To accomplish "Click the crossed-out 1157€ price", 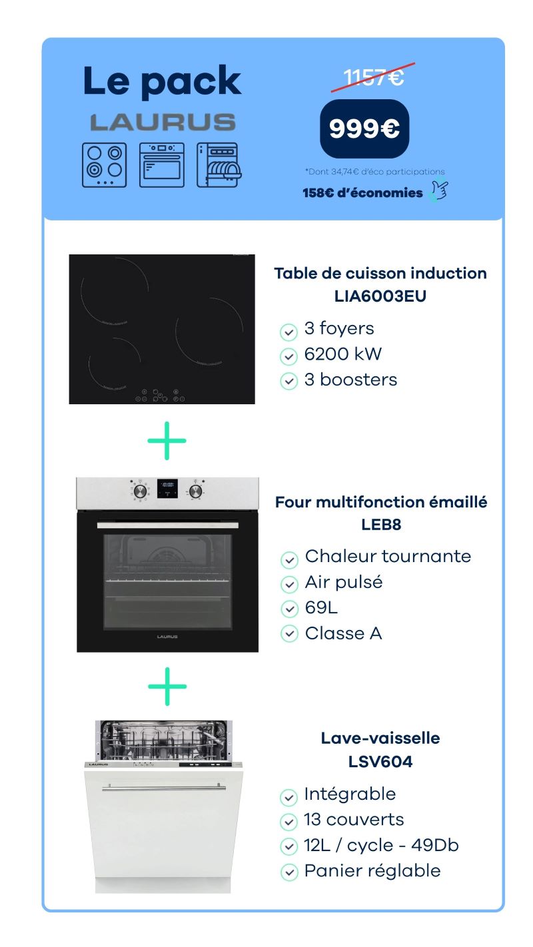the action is (373, 77).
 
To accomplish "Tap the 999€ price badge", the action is (364, 129).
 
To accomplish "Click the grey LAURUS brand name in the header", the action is (163, 122).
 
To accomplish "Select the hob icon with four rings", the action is (104, 165).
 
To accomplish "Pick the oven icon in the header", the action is (162, 165).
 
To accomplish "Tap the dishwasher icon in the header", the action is (219, 165).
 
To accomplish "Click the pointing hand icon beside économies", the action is (438, 189).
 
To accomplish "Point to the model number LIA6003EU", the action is (380, 296).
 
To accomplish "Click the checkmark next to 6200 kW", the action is (289, 357).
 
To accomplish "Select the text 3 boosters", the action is (350, 380).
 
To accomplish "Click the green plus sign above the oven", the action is (167, 440).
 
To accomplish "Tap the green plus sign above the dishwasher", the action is (167, 686).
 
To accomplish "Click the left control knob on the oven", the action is (140, 491).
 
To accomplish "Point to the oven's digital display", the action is (167, 489).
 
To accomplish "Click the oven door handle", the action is (167, 525).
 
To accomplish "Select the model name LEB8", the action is (381, 525).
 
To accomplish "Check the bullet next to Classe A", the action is (289, 634).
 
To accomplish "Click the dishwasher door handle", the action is (164, 787).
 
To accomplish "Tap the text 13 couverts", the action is (354, 819).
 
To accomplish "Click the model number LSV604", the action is (380, 761).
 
